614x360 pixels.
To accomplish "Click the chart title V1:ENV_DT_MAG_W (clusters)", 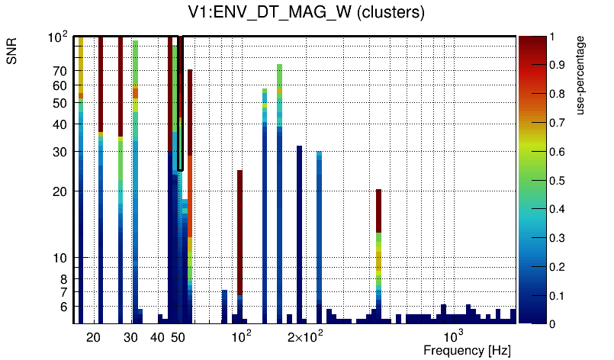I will pos(306,13).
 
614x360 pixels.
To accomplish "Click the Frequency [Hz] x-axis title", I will pos(467,350).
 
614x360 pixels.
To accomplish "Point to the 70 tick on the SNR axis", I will pos(60,71).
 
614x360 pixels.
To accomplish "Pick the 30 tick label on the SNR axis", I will pos(60,152).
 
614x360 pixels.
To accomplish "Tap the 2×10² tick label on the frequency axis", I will pos(305,336).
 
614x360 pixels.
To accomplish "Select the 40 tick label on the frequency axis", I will pos(157,337).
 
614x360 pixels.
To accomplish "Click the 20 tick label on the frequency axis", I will pos(94,337).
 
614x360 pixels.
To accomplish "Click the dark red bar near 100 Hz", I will pos(239,229).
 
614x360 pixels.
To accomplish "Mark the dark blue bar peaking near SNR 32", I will pos(300,229).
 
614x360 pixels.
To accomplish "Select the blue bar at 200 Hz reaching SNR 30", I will pos(319,229).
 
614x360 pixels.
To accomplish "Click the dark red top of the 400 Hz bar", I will pos(378,210).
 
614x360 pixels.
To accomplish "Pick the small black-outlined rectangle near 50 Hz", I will pos(180,103).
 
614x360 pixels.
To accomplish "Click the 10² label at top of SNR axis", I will pos(59,36).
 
